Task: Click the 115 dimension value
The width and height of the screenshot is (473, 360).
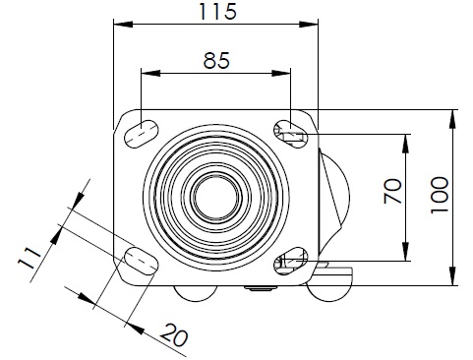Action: pos(217,12)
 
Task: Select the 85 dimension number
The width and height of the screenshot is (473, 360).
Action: pos(216,61)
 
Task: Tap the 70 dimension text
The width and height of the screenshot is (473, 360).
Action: pos(392,191)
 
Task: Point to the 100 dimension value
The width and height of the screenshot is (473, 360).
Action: pos(440,195)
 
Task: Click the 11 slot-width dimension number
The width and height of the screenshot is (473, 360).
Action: pos(30,258)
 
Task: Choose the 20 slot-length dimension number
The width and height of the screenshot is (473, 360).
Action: pos(174,335)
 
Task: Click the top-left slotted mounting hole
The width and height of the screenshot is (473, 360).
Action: pos(142,134)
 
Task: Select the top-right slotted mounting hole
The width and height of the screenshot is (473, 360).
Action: pos(290,134)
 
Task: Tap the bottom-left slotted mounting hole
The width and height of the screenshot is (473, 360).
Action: pos(142,261)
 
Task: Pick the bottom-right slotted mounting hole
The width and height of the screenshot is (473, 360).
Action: pos(290,261)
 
